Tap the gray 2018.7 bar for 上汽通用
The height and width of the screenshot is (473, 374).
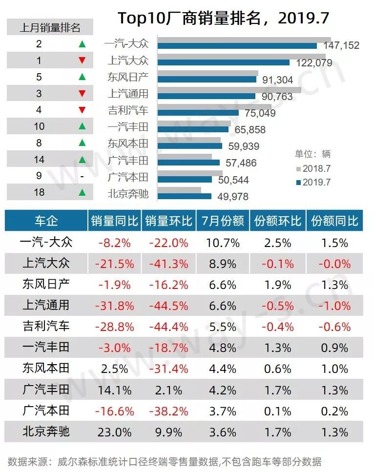[229, 90]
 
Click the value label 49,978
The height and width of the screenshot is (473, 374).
[231, 196]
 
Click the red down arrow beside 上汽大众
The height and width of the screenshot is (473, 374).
[82, 61]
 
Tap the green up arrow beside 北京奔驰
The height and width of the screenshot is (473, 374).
[82, 192]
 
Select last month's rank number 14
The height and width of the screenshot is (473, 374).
[40, 159]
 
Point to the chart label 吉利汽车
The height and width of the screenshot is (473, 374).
[128, 110]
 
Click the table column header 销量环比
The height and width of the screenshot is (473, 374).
[168, 221]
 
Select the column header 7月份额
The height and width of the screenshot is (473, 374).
[223, 221]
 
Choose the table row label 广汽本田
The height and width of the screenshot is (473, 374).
[46, 411]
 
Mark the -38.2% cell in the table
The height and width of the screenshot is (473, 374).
[168, 411]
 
